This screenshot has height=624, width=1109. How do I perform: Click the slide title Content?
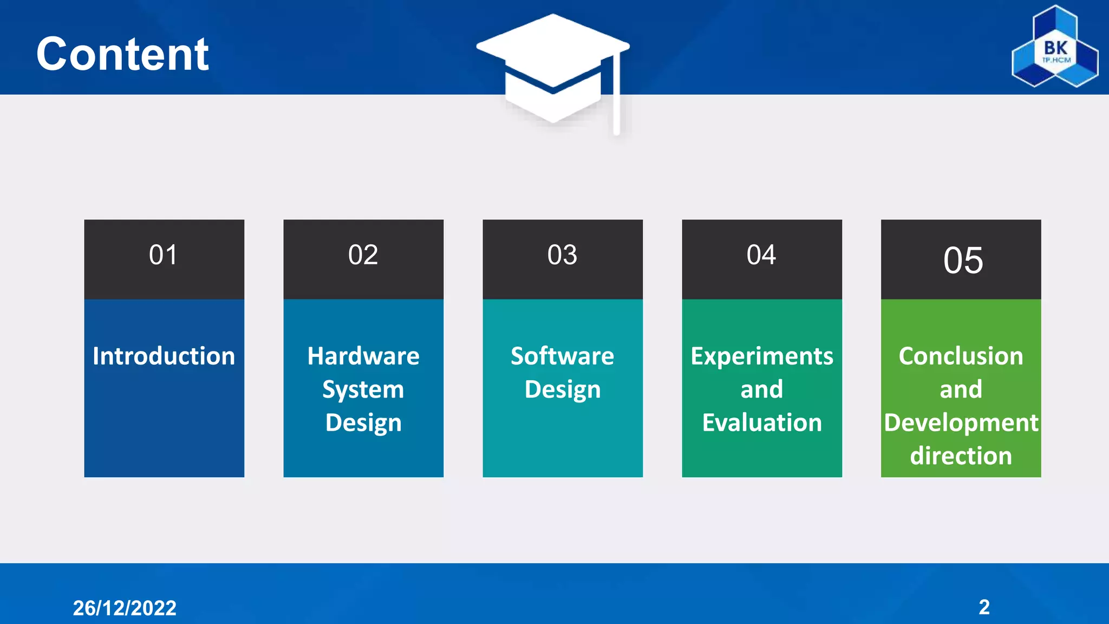(122, 54)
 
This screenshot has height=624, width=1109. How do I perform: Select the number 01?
(163, 255)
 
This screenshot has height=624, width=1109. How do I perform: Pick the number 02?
(363, 255)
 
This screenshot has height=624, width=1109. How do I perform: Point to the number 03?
(562, 255)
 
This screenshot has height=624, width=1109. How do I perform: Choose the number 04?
(761, 255)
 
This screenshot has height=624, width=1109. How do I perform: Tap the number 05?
(963, 261)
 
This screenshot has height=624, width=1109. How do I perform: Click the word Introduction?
(164, 356)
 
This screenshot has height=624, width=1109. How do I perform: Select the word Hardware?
(363, 356)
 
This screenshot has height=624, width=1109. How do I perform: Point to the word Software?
(562, 356)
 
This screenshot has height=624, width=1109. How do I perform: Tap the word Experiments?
(762, 356)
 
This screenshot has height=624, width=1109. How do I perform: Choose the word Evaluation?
(762, 423)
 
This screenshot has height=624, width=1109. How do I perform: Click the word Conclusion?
(961, 356)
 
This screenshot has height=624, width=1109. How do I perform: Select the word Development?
(961, 423)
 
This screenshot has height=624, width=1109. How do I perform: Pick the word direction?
(961, 456)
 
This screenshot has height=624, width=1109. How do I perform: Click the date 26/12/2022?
(125, 608)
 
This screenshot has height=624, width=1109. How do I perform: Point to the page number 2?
(984, 607)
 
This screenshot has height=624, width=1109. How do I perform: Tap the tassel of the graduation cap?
(616, 97)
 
